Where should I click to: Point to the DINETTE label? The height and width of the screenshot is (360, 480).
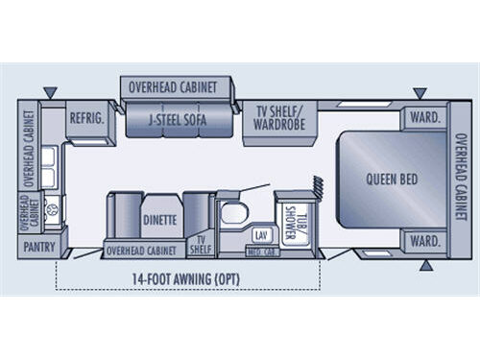click(160, 219)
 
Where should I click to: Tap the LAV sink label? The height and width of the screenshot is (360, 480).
click(260, 234)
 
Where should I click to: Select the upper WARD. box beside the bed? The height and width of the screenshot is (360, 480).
click(423, 118)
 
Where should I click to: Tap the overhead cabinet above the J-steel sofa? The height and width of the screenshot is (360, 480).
click(180, 87)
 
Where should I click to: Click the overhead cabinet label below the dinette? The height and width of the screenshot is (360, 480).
click(140, 252)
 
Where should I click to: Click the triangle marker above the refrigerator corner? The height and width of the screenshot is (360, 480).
click(50, 93)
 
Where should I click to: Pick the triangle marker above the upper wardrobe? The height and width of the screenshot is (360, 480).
click(420, 93)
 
